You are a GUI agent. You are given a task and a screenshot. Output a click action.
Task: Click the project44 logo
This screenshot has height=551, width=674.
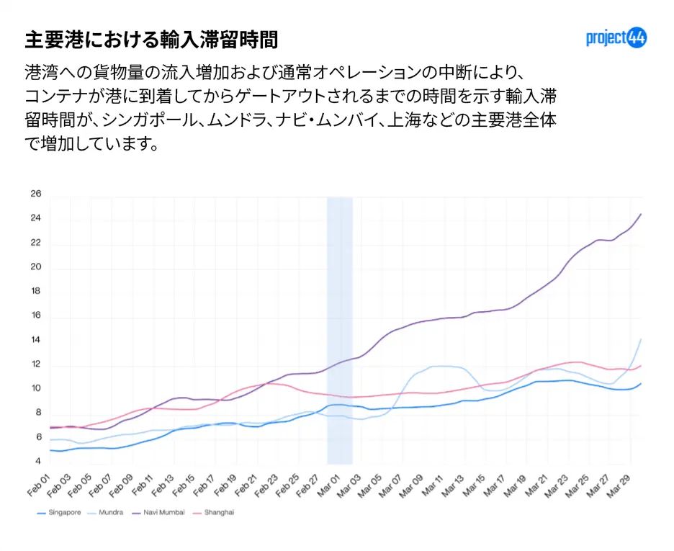tap(616, 38)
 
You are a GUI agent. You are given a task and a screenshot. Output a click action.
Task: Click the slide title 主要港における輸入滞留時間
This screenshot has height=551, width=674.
tap(150, 39)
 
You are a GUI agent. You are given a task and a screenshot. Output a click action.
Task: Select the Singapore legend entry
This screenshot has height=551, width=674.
tap(61, 513)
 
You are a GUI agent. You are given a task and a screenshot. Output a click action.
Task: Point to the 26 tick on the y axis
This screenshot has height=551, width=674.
tap(35, 194)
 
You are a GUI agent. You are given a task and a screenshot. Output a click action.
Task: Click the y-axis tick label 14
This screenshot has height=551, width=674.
tap(35, 340)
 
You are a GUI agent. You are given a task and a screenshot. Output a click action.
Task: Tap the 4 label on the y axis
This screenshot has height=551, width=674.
tap(37, 461)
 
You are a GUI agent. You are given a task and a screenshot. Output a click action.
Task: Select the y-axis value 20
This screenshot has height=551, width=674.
tap(35, 267)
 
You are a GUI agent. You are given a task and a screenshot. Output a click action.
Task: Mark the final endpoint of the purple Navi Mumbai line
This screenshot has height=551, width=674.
tap(640, 214)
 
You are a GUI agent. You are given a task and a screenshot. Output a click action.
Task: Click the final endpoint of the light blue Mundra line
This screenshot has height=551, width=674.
tap(640, 339)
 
